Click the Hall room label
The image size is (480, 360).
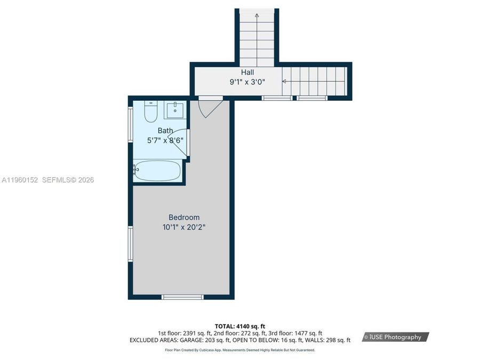point(247,72)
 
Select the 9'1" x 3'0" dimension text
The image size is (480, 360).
point(247,82)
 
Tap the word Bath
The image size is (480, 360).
point(165,130)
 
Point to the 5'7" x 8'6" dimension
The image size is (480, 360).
point(165,140)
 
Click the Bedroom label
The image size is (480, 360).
point(184,217)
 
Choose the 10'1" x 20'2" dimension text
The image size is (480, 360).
point(184,227)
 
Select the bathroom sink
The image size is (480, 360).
point(174,110)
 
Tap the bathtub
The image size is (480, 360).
point(157,171)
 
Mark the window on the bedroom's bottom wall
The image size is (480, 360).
point(182,297)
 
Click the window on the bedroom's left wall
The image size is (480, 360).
point(130,244)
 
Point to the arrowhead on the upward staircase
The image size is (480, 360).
point(257,15)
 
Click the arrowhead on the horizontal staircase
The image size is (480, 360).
point(284,82)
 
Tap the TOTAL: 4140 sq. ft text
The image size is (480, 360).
point(239,326)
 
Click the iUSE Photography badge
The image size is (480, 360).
point(395,337)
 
